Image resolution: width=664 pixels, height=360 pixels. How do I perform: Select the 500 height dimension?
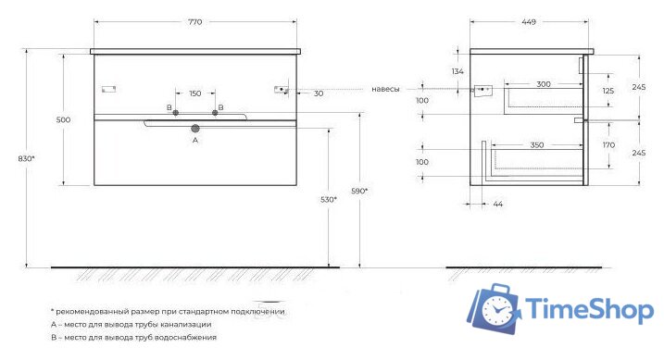click(63, 118)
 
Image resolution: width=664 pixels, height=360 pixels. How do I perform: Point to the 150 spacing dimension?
click(194, 93)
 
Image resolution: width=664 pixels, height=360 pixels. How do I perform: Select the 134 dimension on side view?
click(457, 71)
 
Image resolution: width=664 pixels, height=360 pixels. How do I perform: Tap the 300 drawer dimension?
click(543, 84)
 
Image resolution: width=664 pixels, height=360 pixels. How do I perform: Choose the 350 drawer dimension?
click(536, 145)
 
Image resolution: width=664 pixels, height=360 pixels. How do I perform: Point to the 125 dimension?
click(608, 91)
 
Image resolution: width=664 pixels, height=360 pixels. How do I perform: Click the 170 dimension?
click(608, 144)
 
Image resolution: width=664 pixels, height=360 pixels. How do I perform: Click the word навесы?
click(385, 89)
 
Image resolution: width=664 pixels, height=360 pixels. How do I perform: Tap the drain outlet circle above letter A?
click(195, 130)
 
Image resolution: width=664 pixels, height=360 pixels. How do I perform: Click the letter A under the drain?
click(194, 142)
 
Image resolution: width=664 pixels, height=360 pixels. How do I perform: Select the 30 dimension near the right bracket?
click(318, 93)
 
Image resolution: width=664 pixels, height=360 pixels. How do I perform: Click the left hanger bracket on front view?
click(107, 89)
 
